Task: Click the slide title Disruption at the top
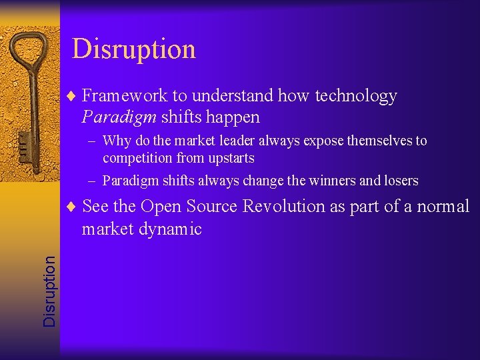pyautogui.click(x=133, y=49)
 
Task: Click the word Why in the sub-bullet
pyautogui.click(x=117, y=141)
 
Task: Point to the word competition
pyautogui.click(x=138, y=159)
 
